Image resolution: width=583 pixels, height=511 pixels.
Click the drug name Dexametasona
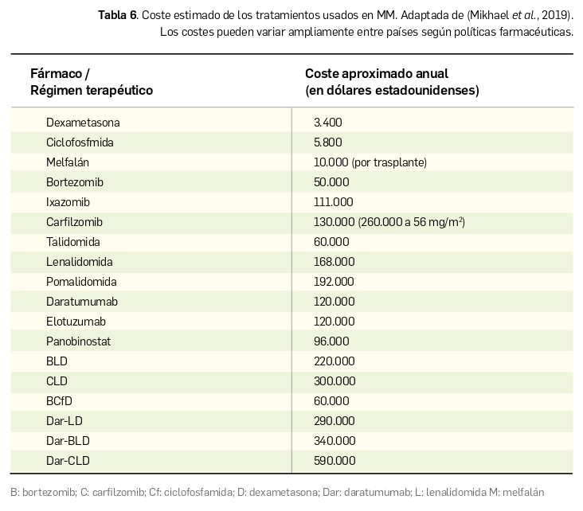[83, 123]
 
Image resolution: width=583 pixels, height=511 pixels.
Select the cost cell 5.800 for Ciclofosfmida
[328, 142]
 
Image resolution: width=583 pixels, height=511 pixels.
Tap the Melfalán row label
[67, 162]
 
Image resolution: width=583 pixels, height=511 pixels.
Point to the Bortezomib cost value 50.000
[331, 182]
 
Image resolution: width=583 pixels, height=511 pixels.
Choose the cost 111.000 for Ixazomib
[333, 202]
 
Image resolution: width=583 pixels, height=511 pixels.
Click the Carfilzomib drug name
[74, 222]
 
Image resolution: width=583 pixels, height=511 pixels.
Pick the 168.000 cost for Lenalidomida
[334, 262]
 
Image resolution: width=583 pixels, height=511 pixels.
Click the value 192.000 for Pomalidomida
[334, 282]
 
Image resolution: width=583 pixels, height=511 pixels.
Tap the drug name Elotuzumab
[76, 322]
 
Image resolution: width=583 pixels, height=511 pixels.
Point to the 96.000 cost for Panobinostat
[331, 341]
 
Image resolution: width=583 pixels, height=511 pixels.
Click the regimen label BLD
[57, 361]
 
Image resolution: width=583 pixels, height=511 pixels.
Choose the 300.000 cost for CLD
[335, 381]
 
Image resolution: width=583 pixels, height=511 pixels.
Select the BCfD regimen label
[59, 401]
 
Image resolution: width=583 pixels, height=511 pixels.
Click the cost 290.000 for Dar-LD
[335, 421]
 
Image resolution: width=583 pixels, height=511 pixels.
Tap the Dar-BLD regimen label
[68, 441]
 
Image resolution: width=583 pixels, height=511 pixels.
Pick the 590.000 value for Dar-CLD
[335, 461]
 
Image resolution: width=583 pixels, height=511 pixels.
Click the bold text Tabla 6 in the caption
[115, 15]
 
